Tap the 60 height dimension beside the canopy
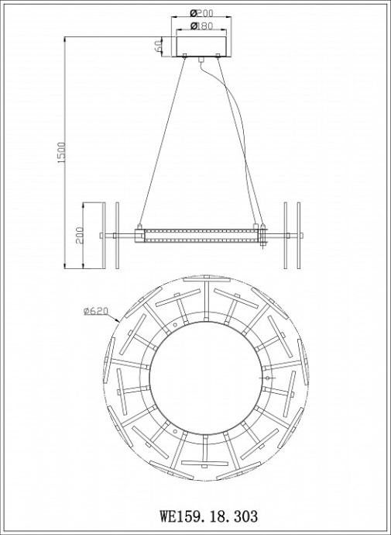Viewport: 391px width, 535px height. (158, 46)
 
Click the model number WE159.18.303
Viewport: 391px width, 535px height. (208, 514)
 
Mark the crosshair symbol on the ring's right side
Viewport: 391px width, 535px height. (268, 377)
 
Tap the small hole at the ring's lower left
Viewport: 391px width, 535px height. (176, 429)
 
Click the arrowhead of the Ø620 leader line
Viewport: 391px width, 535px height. (118, 322)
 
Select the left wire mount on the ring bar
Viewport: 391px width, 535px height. (139, 234)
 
